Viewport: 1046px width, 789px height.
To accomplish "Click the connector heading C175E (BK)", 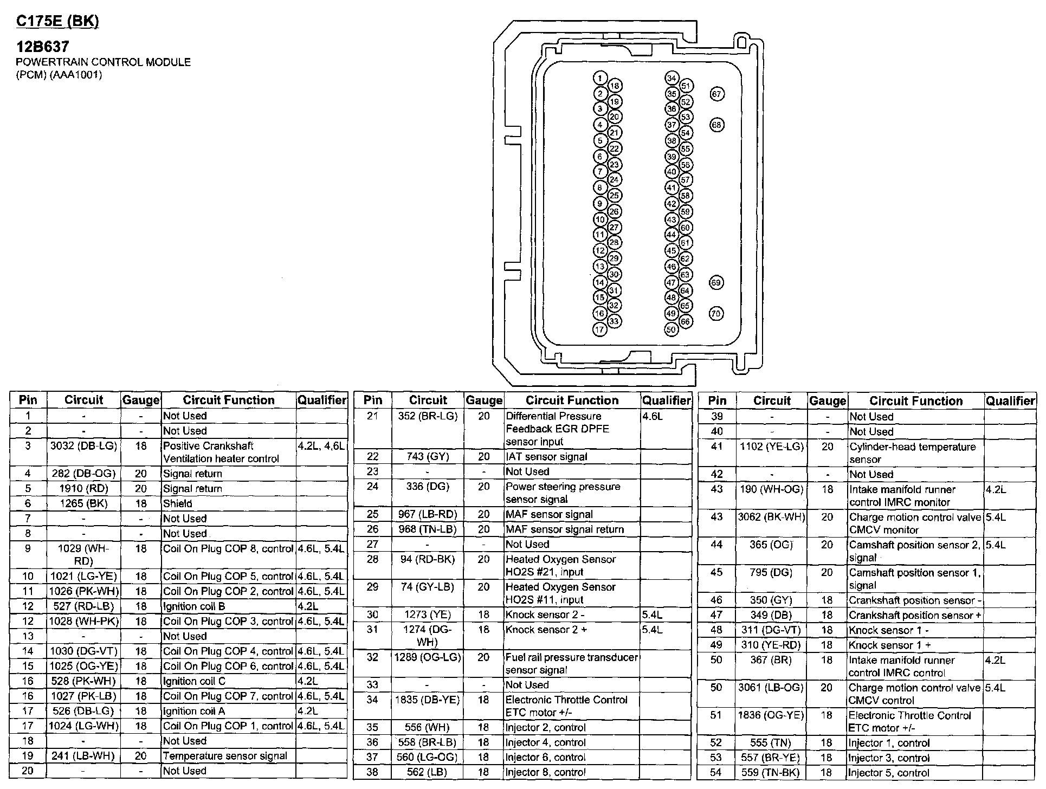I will click(57, 22).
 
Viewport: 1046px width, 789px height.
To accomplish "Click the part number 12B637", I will click(43, 47).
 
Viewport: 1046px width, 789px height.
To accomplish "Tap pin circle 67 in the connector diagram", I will click(716, 94).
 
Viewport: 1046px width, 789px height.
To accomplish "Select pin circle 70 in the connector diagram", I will click(716, 313).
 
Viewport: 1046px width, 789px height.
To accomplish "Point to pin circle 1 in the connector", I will click(599, 78).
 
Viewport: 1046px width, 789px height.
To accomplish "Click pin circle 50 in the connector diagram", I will click(671, 329).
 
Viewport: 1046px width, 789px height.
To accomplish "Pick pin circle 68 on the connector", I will click(716, 125).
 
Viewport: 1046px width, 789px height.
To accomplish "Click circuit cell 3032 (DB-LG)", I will click(83, 446).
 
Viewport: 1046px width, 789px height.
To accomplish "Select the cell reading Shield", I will click(178, 503).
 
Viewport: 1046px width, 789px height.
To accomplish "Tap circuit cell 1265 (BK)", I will click(83, 503).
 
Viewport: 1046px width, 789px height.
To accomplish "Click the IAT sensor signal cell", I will click(546, 457).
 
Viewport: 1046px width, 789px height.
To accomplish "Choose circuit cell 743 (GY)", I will click(428, 457).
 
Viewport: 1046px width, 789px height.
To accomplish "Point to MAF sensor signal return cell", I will click(565, 529).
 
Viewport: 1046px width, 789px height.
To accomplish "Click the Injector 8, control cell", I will click(545, 772).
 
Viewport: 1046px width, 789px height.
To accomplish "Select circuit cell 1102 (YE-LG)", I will click(772, 447).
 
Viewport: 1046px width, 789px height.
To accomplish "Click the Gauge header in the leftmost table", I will click(141, 400).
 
